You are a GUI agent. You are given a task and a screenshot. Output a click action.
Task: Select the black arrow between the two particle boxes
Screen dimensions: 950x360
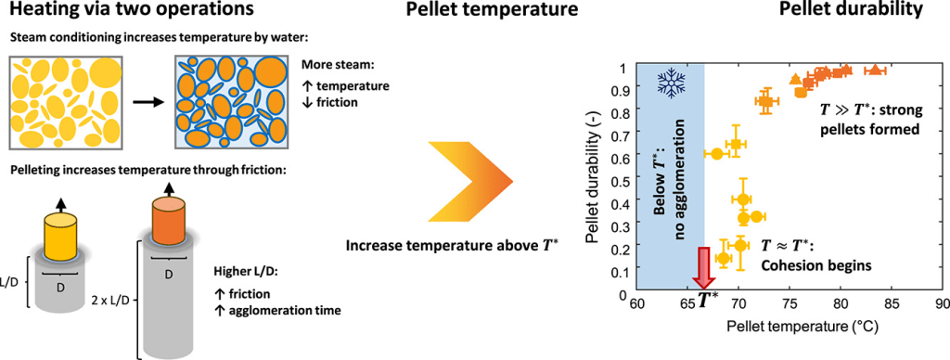tap(149, 102)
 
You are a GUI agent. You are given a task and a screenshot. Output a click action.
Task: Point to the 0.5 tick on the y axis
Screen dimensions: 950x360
tap(618, 181)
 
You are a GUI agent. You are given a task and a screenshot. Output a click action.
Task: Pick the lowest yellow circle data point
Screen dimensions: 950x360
tap(724, 258)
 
